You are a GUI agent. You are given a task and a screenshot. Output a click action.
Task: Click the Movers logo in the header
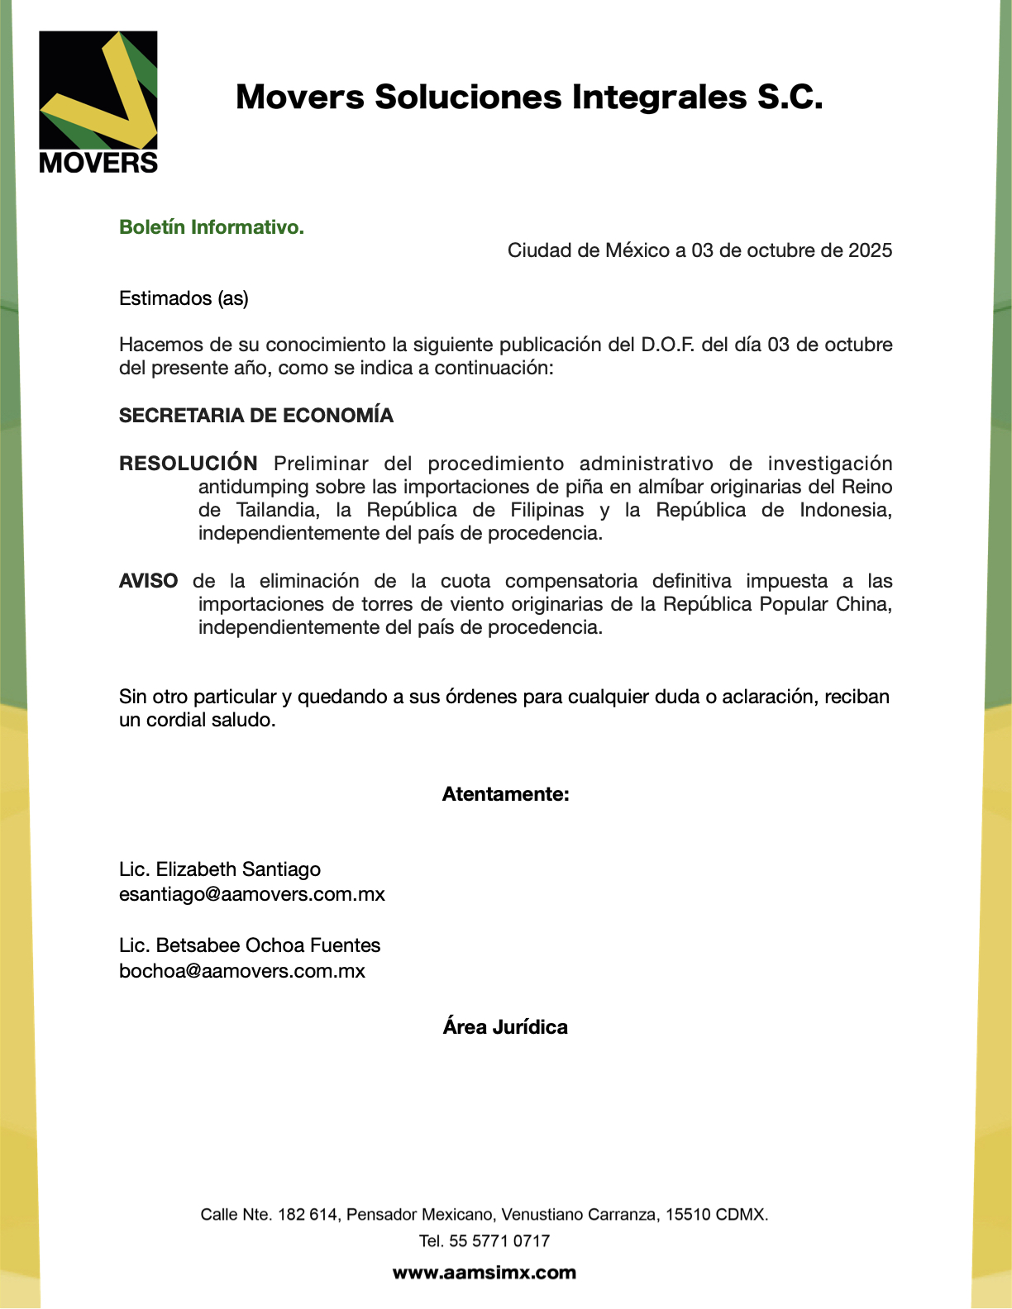(98, 102)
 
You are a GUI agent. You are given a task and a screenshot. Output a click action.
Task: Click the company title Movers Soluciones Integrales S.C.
(529, 98)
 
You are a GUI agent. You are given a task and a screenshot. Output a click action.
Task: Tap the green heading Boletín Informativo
(212, 227)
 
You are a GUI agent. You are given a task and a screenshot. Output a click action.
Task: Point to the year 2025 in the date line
(870, 250)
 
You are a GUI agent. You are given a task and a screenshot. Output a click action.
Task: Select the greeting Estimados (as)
(184, 298)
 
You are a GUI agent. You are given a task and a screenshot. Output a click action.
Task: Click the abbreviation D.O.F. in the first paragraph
(668, 345)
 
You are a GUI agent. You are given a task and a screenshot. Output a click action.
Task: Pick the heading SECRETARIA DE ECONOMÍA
(256, 416)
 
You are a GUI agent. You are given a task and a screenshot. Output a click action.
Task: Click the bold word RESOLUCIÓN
(189, 464)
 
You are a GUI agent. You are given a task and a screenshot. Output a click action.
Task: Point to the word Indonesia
(845, 510)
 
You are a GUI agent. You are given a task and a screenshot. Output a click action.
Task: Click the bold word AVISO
(149, 581)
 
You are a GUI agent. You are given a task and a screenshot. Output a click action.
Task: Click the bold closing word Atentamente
(505, 794)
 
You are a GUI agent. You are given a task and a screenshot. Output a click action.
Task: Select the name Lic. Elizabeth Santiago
(220, 869)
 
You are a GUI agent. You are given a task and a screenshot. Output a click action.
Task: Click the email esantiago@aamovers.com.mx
(252, 894)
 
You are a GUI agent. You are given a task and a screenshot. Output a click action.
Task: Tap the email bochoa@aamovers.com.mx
(242, 970)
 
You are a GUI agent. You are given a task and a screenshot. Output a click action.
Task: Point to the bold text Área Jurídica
(505, 1027)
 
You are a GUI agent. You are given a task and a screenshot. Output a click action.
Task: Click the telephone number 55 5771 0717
(499, 1240)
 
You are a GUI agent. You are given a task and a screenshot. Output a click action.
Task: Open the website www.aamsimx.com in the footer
(485, 1273)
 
